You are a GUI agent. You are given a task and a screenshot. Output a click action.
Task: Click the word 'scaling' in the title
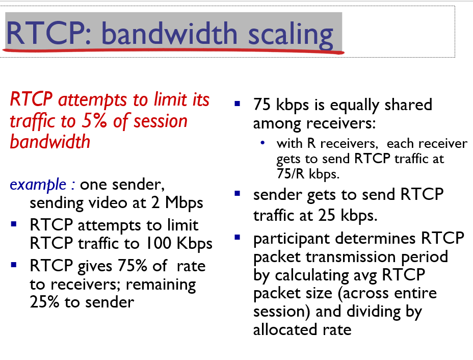point(291,35)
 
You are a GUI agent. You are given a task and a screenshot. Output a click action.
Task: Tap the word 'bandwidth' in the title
point(170,33)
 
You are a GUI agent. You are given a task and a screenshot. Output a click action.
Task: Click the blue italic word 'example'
point(38,185)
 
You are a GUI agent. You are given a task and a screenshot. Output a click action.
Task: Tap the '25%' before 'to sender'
point(44,302)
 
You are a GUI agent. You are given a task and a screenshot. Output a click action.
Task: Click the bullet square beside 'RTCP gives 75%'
point(14,265)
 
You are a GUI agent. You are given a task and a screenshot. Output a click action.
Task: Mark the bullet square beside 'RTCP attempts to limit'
point(14,224)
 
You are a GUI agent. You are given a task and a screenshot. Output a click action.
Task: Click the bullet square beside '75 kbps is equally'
point(238,104)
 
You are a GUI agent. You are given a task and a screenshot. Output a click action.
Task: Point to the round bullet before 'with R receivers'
point(262,143)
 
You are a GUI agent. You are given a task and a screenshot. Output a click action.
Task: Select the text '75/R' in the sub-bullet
point(291,174)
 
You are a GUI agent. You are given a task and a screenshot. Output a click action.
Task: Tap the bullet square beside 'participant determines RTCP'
point(238,238)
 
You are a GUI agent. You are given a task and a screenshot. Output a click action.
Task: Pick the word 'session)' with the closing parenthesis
point(281,312)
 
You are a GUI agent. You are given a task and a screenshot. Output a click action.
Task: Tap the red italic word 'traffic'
point(33,121)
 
